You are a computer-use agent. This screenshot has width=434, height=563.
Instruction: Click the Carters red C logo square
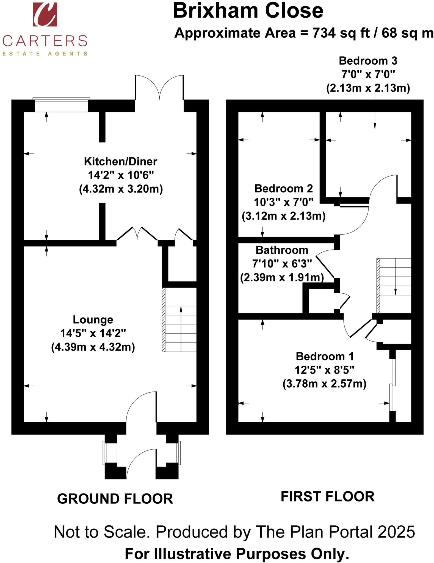pyautogui.click(x=45, y=14)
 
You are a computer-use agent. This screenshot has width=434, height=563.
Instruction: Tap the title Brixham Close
pyautogui.click(x=248, y=11)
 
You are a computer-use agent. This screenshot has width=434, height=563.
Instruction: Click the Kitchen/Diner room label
pyautogui.click(x=120, y=161)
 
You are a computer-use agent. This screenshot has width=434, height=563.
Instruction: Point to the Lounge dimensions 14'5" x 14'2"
pyautogui.click(x=93, y=333)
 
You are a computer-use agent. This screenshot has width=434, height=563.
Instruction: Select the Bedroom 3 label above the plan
pyautogui.click(x=368, y=61)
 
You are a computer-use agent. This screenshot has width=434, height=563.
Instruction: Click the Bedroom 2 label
pyautogui.click(x=283, y=189)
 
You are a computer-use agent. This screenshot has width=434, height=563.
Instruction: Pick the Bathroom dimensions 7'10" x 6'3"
pyautogui.click(x=282, y=264)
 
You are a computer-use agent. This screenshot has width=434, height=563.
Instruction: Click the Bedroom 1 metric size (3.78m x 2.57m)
pyautogui.click(x=324, y=383)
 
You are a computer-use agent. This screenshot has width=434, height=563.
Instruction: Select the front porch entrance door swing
pyautogui.click(x=141, y=463)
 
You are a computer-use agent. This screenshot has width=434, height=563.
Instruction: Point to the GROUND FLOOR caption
pyautogui.click(x=115, y=499)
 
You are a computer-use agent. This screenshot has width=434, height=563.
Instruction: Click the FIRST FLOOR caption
pyautogui.click(x=327, y=497)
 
